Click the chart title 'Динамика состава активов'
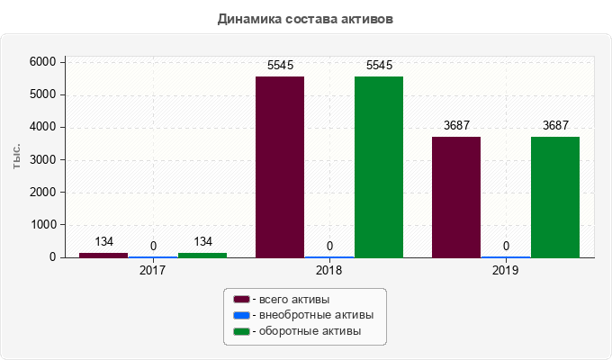[x=305, y=18]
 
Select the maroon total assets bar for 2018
[x=280, y=166]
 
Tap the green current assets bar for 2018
[x=378, y=166]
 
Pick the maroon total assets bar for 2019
[x=456, y=196]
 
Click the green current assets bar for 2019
[x=554, y=196]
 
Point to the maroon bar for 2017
[x=103, y=255]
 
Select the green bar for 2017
[x=202, y=255]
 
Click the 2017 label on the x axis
[x=153, y=269]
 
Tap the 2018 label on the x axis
[x=329, y=269]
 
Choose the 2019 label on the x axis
[x=506, y=269]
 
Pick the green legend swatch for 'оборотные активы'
[x=241, y=332]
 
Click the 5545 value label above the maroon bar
[x=280, y=66]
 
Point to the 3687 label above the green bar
[x=554, y=127]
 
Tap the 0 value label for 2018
[x=329, y=246]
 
